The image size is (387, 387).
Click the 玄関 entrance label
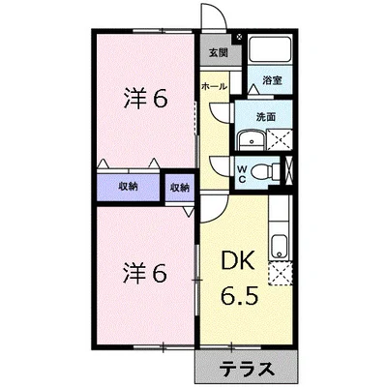(x=216, y=53)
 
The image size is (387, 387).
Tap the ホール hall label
(x=214, y=86)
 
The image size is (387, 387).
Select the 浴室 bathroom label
(x=272, y=82)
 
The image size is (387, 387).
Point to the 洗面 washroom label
(x=267, y=116)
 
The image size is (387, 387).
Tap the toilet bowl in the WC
(x=277, y=171)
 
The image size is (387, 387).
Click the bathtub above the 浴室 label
(x=271, y=52)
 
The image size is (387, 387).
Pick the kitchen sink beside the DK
(x=280, y=244)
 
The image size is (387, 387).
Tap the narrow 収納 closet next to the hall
(x=179, y=187)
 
